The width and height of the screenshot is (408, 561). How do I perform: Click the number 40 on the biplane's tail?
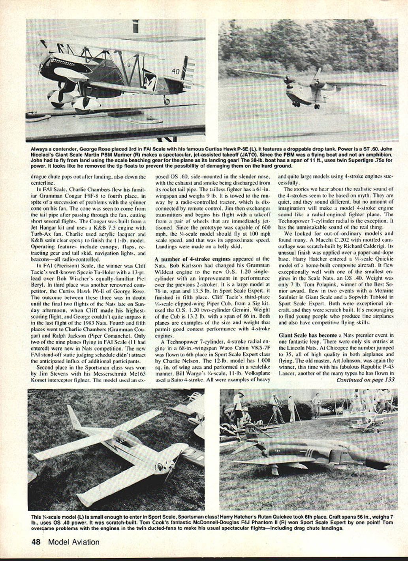[176, 71]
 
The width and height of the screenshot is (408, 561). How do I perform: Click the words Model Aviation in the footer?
[74, 542]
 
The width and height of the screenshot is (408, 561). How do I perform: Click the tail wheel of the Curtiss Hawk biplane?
[167, 101]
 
